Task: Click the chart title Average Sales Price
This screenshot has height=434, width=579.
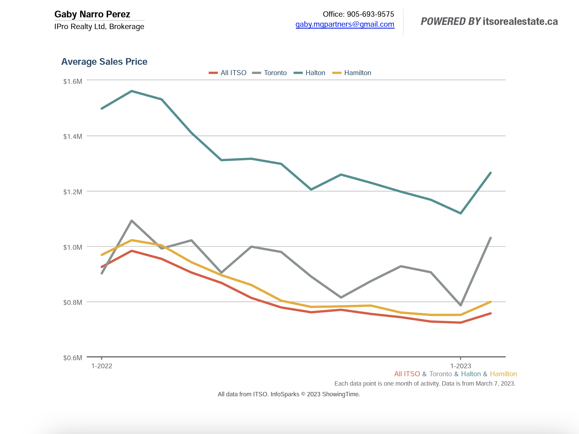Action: point(104,62)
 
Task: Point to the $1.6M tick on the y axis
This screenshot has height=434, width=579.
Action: point(73,81)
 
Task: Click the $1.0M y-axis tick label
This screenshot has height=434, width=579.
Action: point(73,247)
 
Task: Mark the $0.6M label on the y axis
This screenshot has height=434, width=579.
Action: point(73,358)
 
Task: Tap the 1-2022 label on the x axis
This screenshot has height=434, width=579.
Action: point(102,366)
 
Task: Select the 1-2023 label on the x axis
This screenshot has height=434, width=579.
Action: point(461,366)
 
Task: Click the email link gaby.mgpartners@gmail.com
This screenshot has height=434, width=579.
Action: point(345,24)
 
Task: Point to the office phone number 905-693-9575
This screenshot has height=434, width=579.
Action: point(370,14)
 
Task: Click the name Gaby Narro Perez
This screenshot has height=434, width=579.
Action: point(92,14)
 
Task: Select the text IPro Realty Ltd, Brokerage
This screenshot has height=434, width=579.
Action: point(99,27)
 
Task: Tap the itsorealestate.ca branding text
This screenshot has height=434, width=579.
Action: point(520,22)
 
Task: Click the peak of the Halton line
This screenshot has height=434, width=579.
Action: point(132,91)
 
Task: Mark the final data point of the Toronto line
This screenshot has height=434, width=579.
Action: point(490,238)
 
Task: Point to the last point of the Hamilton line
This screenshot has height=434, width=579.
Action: point(490,302)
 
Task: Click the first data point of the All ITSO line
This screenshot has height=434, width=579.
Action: point(102,267)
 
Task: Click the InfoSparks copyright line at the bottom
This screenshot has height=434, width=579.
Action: point(289,394)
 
